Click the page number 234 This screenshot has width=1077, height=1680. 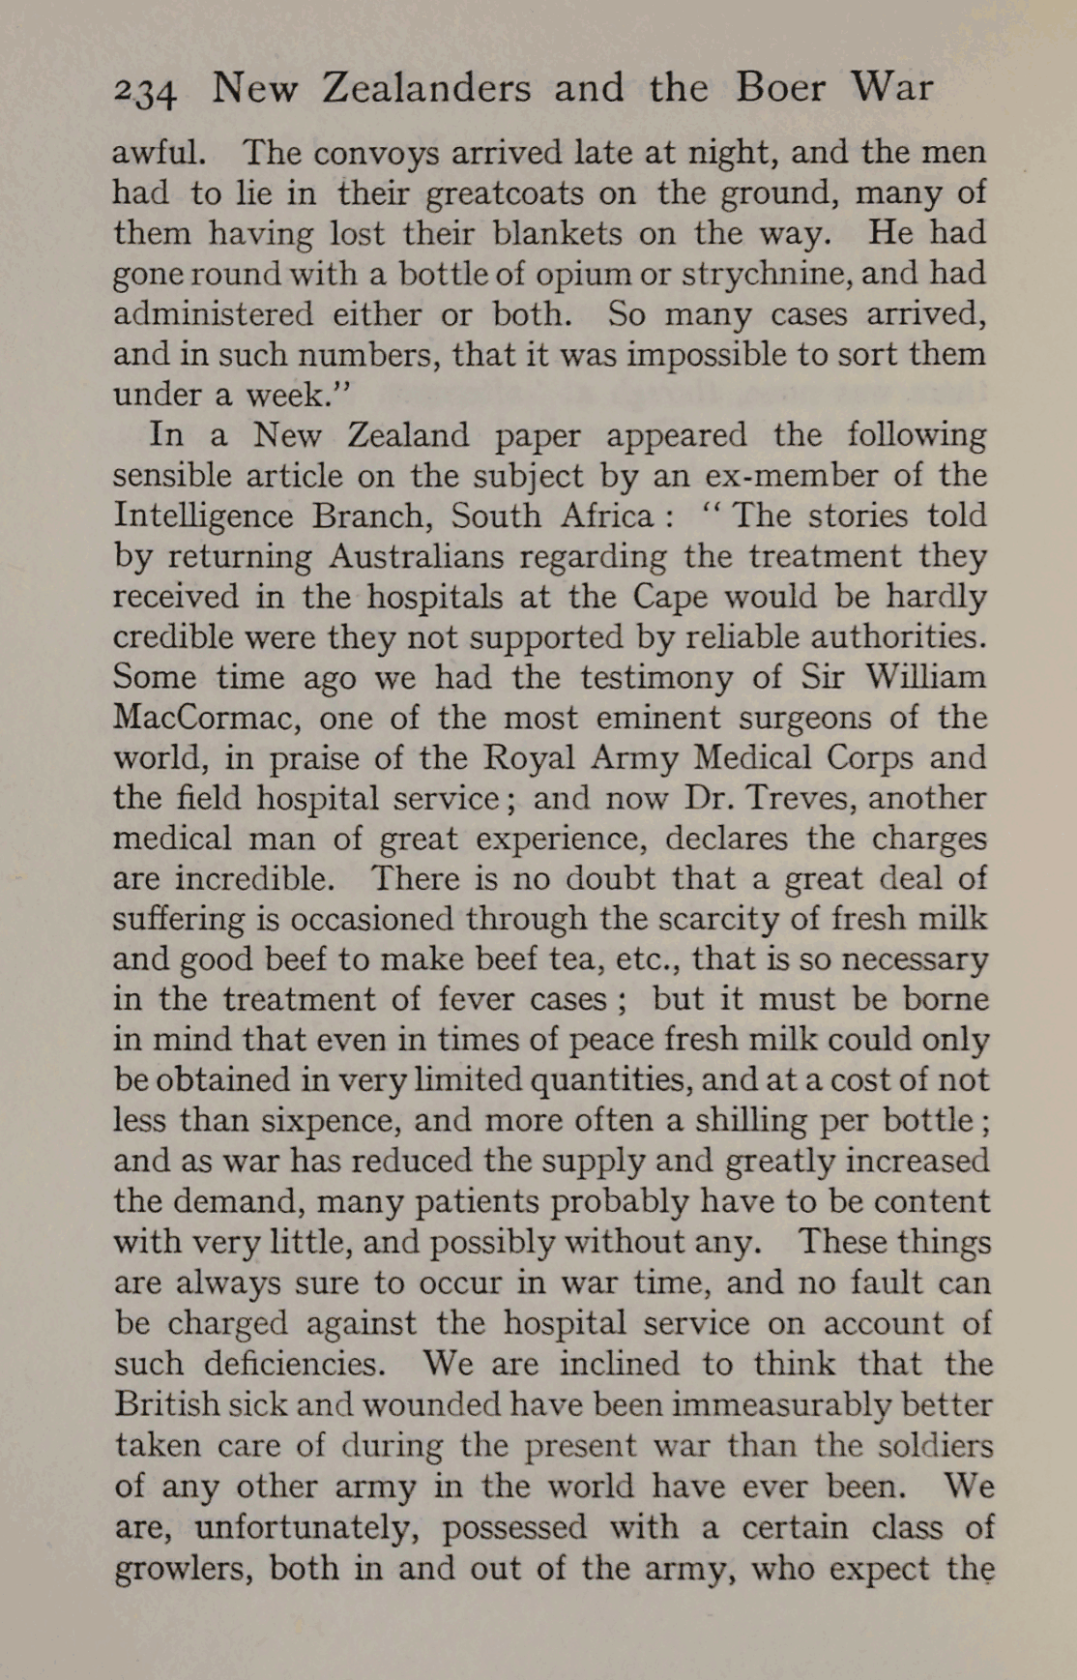pos(145,91)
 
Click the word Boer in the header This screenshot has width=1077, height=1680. pos(779,88)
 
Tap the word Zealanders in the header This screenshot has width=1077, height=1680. pos(425,88)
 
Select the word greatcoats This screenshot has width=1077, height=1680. pos(505,194)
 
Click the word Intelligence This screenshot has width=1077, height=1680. pos(203,516)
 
